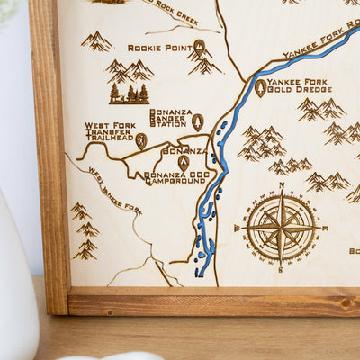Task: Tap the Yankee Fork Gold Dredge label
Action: (300, 86)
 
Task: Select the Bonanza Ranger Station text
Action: (171, 118)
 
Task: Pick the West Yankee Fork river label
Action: (114, 190)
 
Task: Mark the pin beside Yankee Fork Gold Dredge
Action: (260, 87)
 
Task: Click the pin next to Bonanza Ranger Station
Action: (198, 121)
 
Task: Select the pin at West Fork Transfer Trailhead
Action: (141, 140)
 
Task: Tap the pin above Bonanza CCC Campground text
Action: (184, 162)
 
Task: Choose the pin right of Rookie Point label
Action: (200, 46)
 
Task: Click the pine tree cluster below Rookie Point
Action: (129, 93)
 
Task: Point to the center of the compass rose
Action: (281, 228)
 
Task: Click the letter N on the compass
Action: (281, 186)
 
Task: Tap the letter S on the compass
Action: (281, 269)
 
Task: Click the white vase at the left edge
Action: (18, 288)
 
